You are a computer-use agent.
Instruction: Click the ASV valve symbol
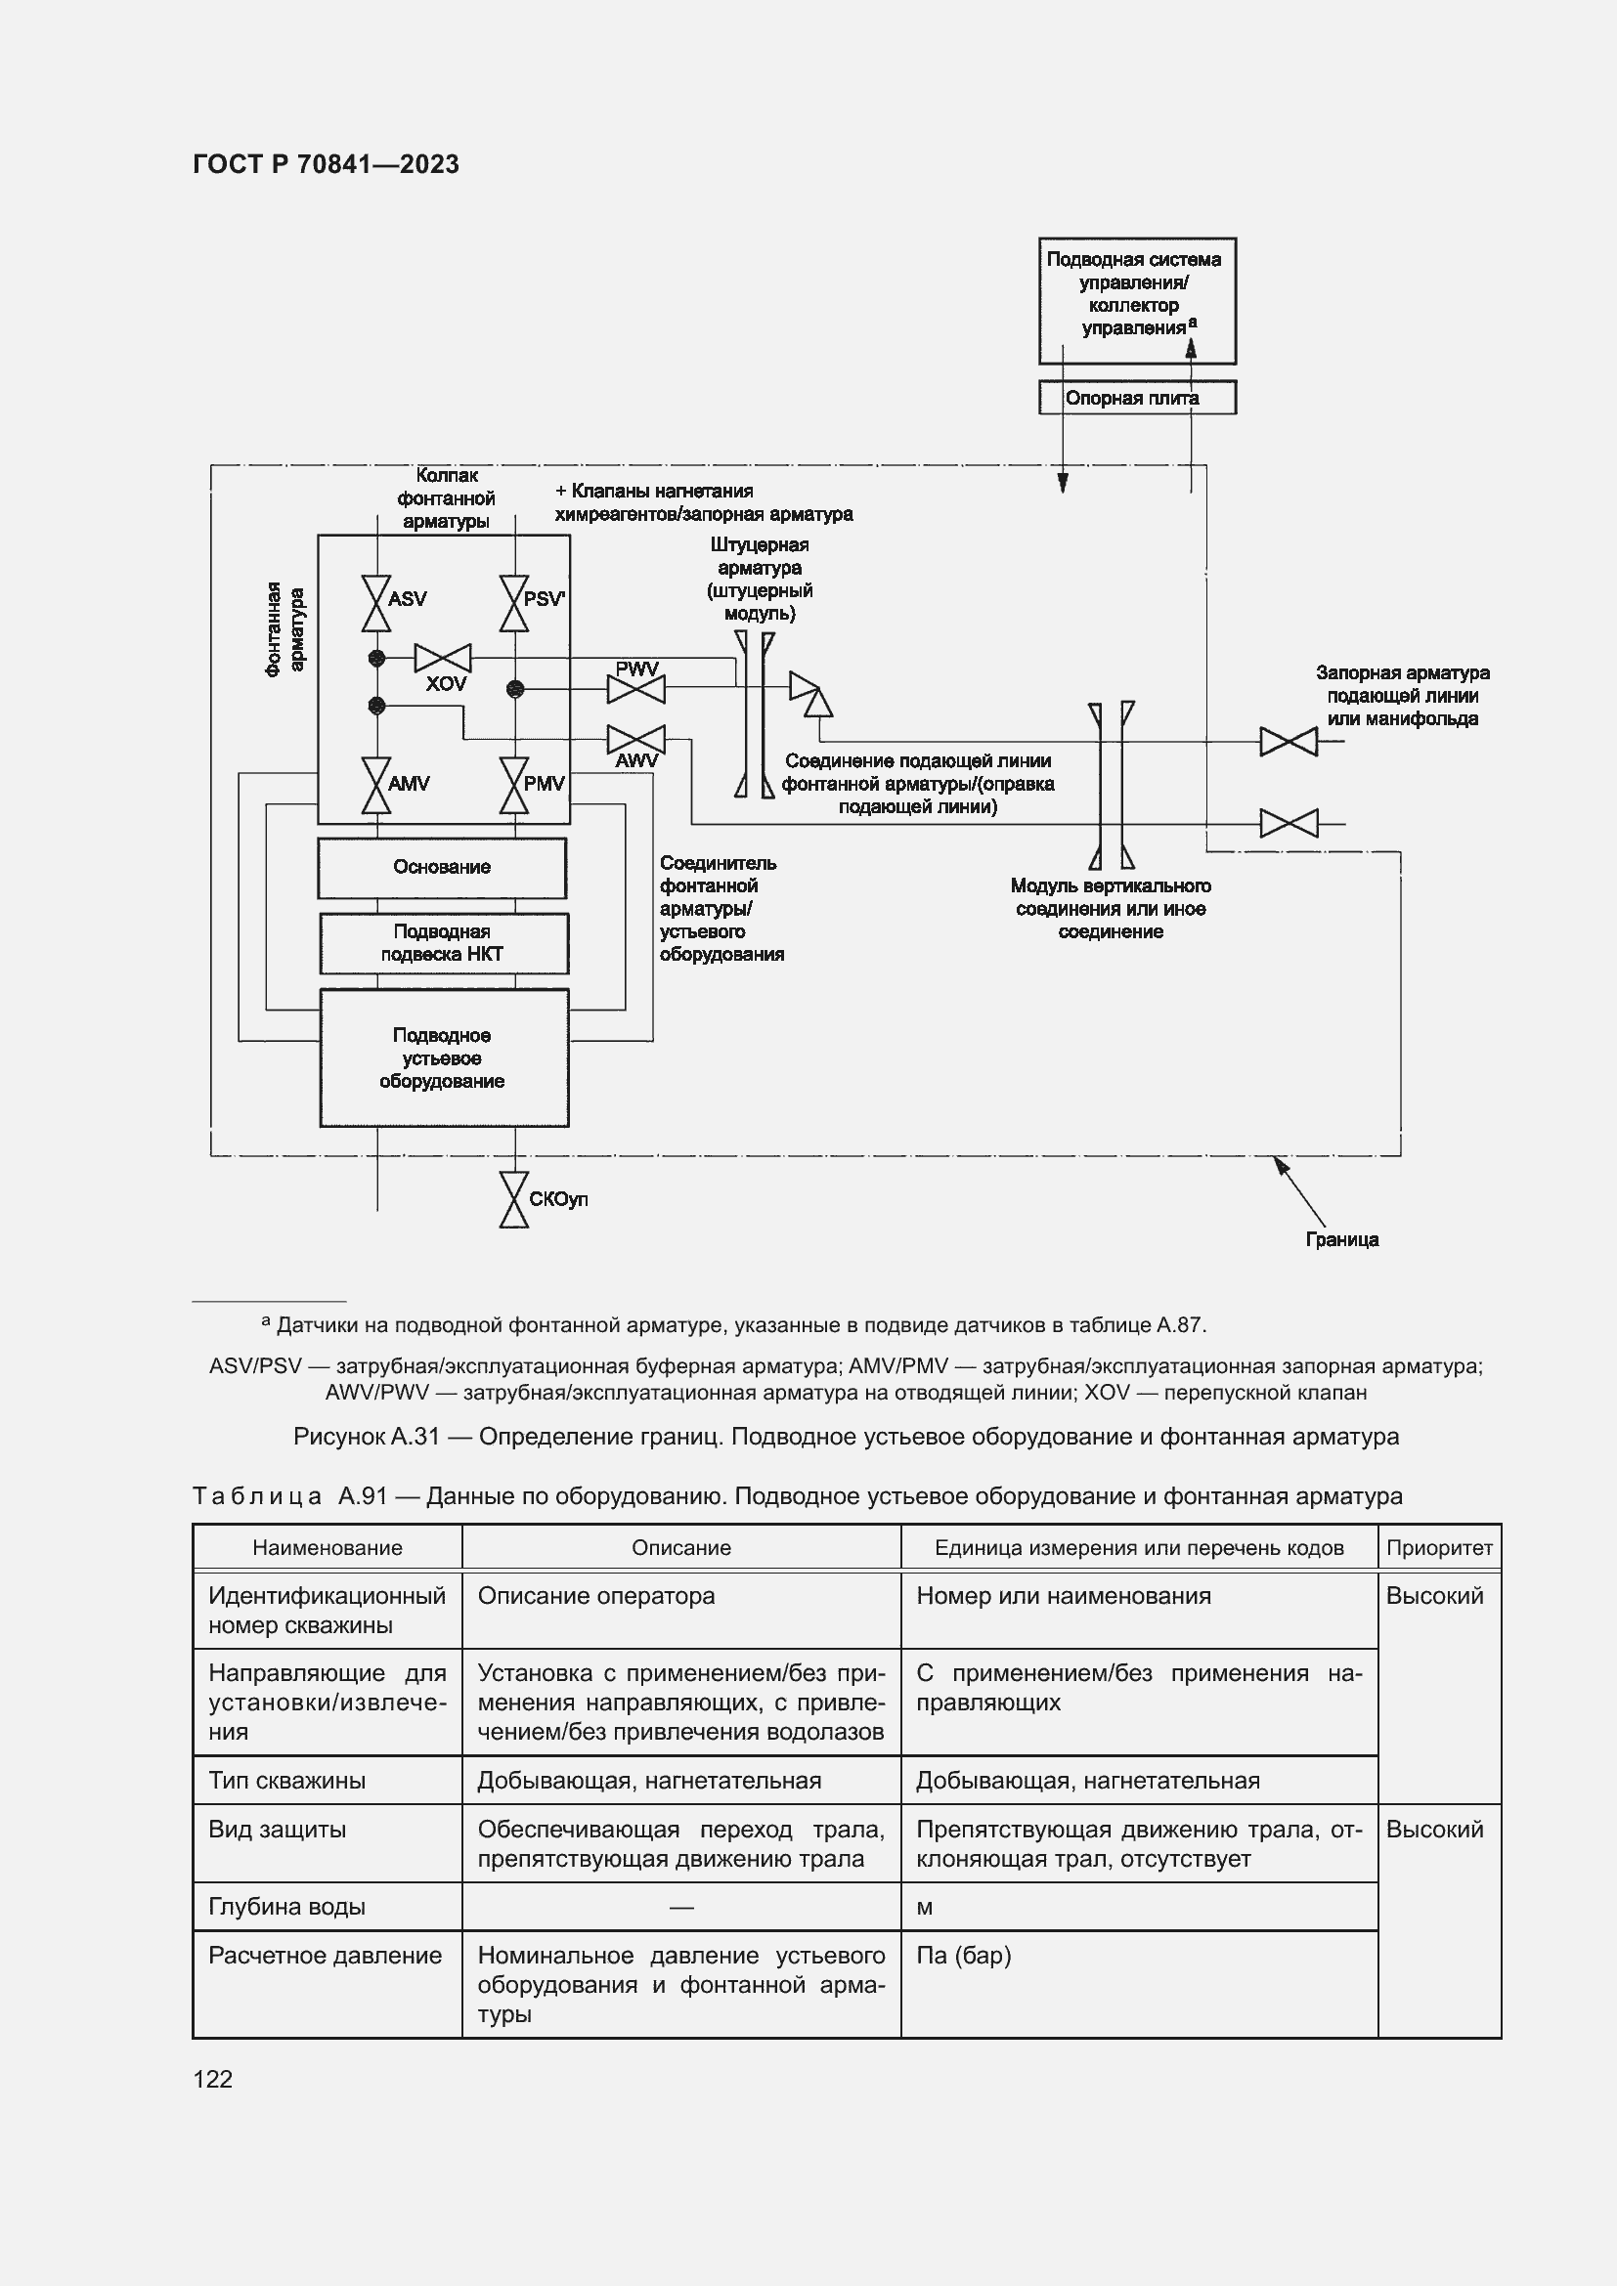tap(376, 603)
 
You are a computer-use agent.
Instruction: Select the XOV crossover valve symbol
tap(442, 658)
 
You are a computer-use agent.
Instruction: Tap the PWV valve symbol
tap(635, 689)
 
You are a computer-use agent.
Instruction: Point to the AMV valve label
tap(409, 784)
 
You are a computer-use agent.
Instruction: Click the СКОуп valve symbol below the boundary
tap(514, 1200)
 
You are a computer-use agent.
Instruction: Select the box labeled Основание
tap(442, 867)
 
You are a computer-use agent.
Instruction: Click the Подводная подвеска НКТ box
tap(443, 943)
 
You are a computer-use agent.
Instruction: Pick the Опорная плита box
tap(1136, 398)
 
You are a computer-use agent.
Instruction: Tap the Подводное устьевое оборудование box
tap(443, 1057)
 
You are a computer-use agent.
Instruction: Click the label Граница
tap(1342, 1239)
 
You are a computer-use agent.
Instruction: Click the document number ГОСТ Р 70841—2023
tap(326, 164)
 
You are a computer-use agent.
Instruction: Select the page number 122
tap(213, 2079)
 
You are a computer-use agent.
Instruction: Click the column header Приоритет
tap(1439, 1547)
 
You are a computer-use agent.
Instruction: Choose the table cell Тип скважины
tap(286, 1780)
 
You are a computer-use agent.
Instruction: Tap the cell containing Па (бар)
tap(963, 1956)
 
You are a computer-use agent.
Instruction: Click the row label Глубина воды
tap(286, 1907)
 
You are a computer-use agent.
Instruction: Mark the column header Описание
tap(681, 1547)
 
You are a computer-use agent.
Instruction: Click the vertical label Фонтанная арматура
tap(284, 629)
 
